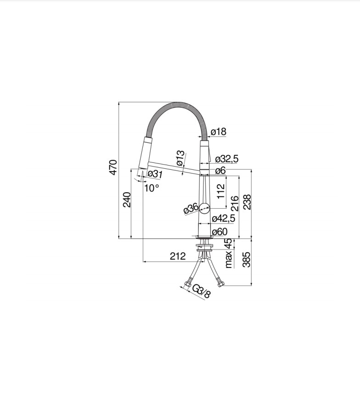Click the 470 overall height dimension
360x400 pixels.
click(113, 167)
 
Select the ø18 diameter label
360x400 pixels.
click(219, 132)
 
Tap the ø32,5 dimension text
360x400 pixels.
click(226, 159)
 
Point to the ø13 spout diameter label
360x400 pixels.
click(180, 158)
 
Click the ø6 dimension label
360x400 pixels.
click(220, 170)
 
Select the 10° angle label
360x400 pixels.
click(152, 188)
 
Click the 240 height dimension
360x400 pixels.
click(127, 200)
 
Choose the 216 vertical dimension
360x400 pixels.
click(235, 203)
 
